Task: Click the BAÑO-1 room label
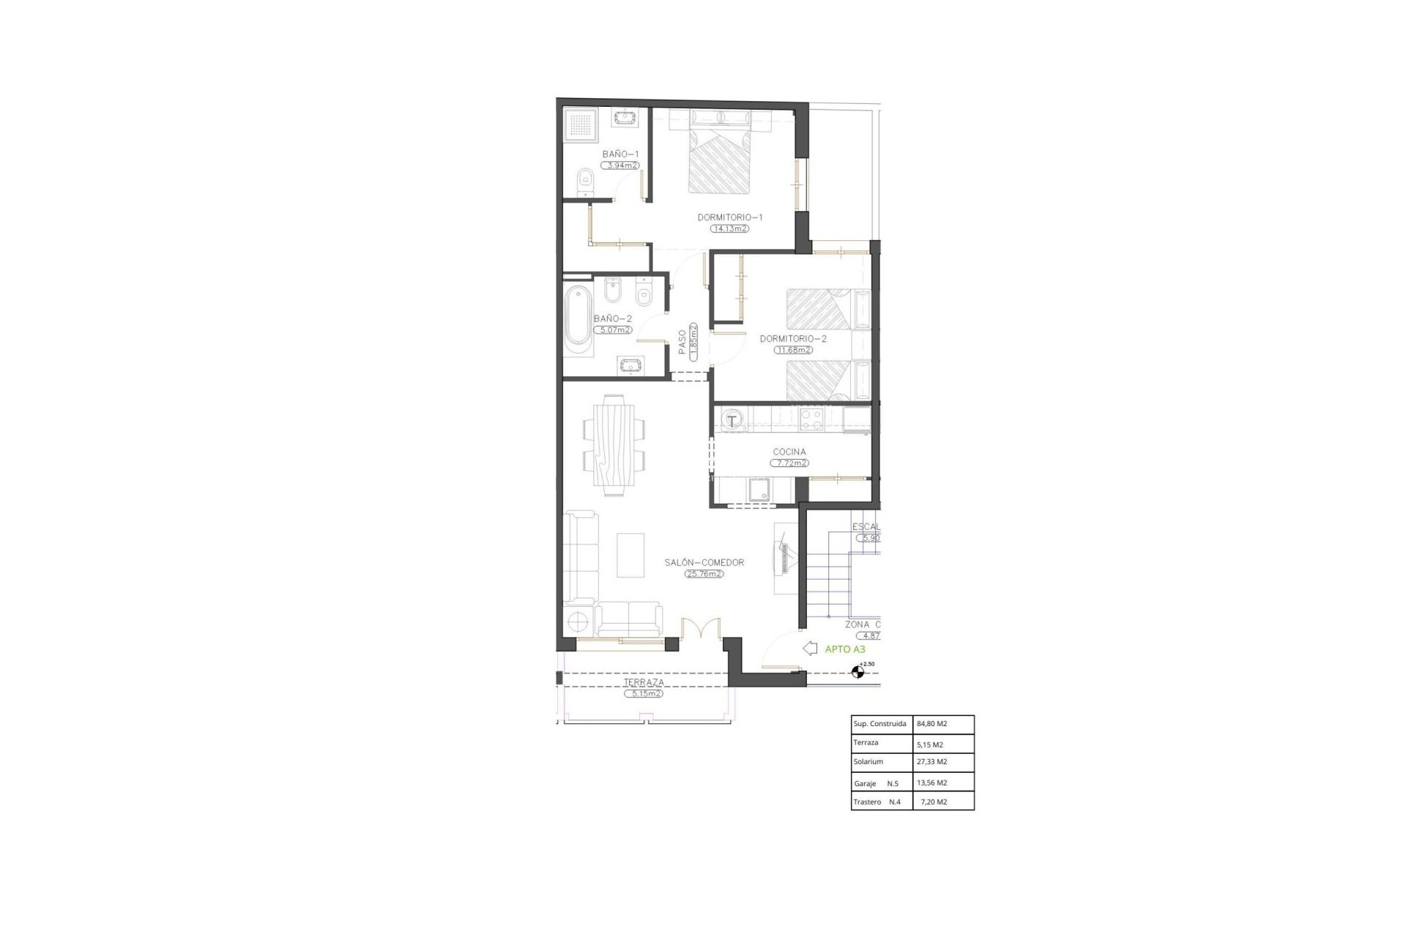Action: (x=620, y=154)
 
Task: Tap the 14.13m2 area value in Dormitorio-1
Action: (x=729, y=228)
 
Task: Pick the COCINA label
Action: (x=789, y=452)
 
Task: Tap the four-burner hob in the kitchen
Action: (x=811, y=419)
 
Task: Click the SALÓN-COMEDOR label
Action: (x=704, y=562)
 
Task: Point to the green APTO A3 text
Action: (x=845, y=649)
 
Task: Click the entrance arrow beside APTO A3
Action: (x=810, y=648)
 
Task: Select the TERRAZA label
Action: (x=644, y=682)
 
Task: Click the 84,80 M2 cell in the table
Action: (x=931, y=724)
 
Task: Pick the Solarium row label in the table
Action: (x=868, y=762)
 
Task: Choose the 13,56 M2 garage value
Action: (x=931, y=783)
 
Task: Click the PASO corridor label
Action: (x=682, y=342)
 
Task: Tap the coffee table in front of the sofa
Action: (x=631, y=554)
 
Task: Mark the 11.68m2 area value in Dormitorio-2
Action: (x=793, y=350)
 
